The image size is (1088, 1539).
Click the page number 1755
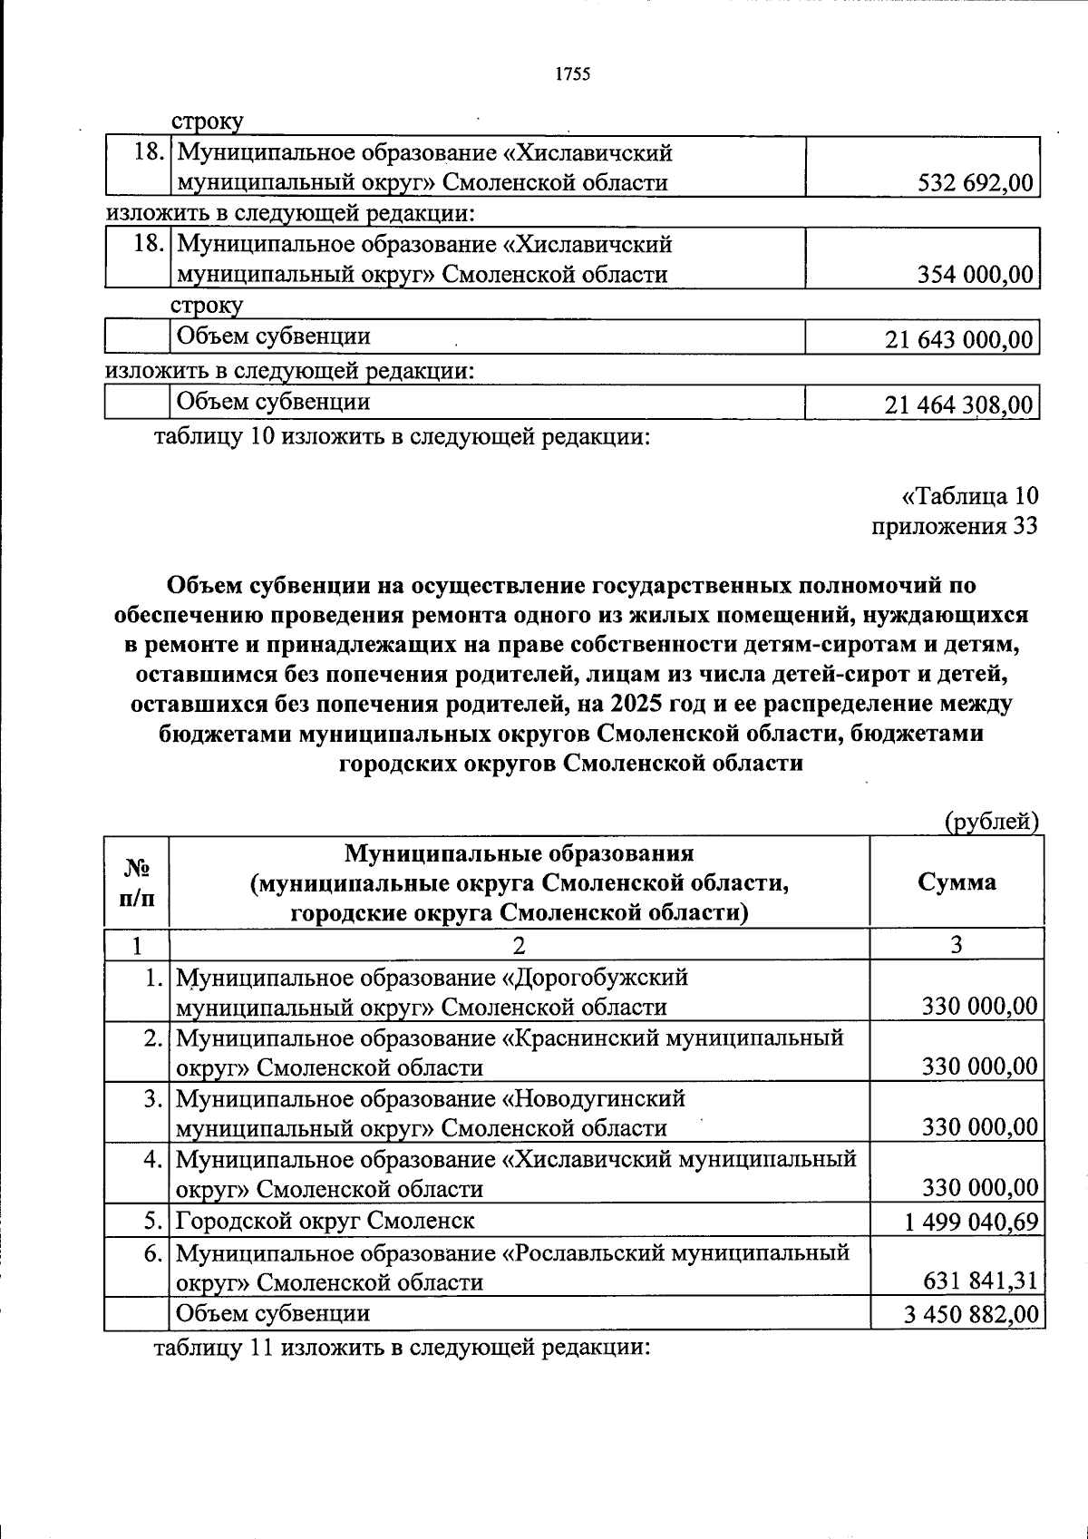tap(572, 74)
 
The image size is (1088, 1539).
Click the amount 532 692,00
tap(976, 183)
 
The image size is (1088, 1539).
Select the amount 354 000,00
tap(976, 275)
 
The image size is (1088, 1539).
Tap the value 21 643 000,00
tap(958, 340)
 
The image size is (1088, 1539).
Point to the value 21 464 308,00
tap(958, 405)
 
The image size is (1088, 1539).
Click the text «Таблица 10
tap(969, 496)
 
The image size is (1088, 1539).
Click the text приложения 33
tap(955, 526)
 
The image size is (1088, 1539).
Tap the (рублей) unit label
tap(991, 821)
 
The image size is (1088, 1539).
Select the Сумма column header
tap(957, 882)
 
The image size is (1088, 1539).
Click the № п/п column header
tap(137, 883)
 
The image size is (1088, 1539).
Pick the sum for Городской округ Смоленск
tap(970, 1222)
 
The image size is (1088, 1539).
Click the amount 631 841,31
tap(980, 1282)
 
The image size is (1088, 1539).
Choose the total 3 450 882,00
tap(970, 1314)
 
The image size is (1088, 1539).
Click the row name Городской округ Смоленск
tap(325, 1221)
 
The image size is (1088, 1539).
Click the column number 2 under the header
tap(519, 946)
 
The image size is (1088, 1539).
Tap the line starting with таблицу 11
tap(403, 1348)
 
